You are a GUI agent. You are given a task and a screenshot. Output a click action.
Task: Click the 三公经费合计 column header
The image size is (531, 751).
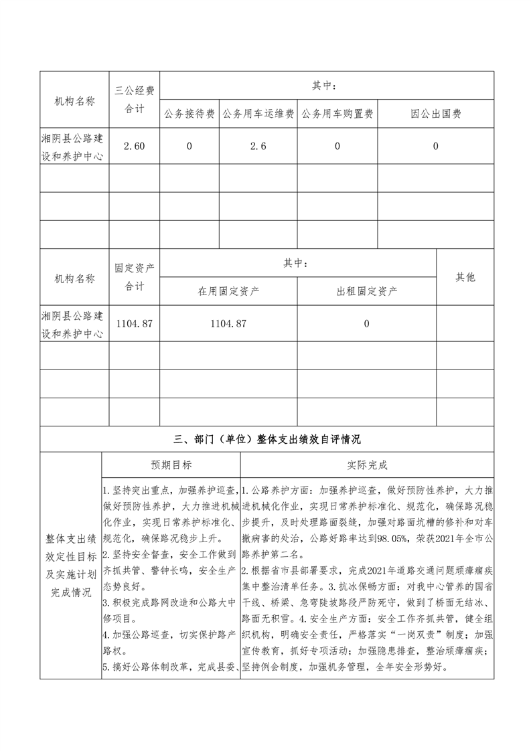(135, 100)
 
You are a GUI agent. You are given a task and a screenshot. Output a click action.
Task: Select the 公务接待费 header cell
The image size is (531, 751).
(189, 114)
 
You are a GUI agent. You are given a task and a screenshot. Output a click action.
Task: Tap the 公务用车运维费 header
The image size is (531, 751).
(258, 114)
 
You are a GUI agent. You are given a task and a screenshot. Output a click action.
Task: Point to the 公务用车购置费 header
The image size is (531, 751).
(337, 114)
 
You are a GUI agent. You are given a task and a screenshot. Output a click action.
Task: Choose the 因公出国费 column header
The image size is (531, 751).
(436, 114)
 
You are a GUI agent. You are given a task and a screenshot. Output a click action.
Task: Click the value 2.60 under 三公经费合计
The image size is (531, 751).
(135, 147)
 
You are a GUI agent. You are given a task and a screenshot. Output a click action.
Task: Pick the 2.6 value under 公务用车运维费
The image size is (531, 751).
(258, 147)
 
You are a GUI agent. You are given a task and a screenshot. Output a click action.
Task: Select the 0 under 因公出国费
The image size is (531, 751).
(436, 147)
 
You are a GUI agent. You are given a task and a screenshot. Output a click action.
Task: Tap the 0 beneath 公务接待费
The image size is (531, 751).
(189, 147)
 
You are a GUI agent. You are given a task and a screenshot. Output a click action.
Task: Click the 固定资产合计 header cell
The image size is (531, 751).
(135, 277)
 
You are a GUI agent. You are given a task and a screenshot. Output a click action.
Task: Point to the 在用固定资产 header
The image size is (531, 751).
(228, 291)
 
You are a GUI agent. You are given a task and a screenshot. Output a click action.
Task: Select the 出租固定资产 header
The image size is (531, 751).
(367, 291)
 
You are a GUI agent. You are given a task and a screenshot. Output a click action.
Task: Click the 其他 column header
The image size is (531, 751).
(465, 277)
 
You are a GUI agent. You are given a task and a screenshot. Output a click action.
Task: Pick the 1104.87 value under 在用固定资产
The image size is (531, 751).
(228, 324)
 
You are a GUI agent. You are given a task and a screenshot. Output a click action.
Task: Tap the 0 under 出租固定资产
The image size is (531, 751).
(367, 324)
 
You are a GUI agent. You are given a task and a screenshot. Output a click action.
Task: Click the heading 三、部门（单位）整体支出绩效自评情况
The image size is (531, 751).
(267, 440)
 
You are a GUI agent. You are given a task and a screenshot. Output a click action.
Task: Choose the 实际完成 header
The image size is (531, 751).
(367, 465)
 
